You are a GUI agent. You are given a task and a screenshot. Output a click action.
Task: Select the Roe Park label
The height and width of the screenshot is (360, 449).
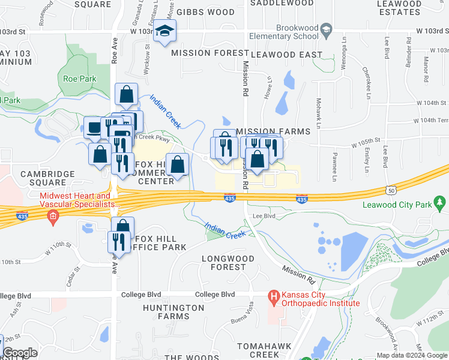tap(80, 78)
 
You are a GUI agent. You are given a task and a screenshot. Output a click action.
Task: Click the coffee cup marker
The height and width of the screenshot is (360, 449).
tap(94, 128)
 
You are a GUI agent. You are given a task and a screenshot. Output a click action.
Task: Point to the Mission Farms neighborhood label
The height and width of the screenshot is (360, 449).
tap(273, 131)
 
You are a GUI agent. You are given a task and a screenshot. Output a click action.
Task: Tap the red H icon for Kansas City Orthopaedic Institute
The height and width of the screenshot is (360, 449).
tap(274, 296)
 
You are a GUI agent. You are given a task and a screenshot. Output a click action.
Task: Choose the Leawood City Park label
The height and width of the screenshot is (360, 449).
tap(397, 205)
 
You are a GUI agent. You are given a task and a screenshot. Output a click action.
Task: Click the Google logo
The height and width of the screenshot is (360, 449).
tap(20, 353)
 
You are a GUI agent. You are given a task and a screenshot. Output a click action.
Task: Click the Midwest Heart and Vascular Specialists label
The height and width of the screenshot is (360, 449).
tap(76, 200)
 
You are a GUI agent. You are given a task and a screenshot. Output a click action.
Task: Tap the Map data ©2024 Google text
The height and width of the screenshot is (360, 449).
tap(412, 355)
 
